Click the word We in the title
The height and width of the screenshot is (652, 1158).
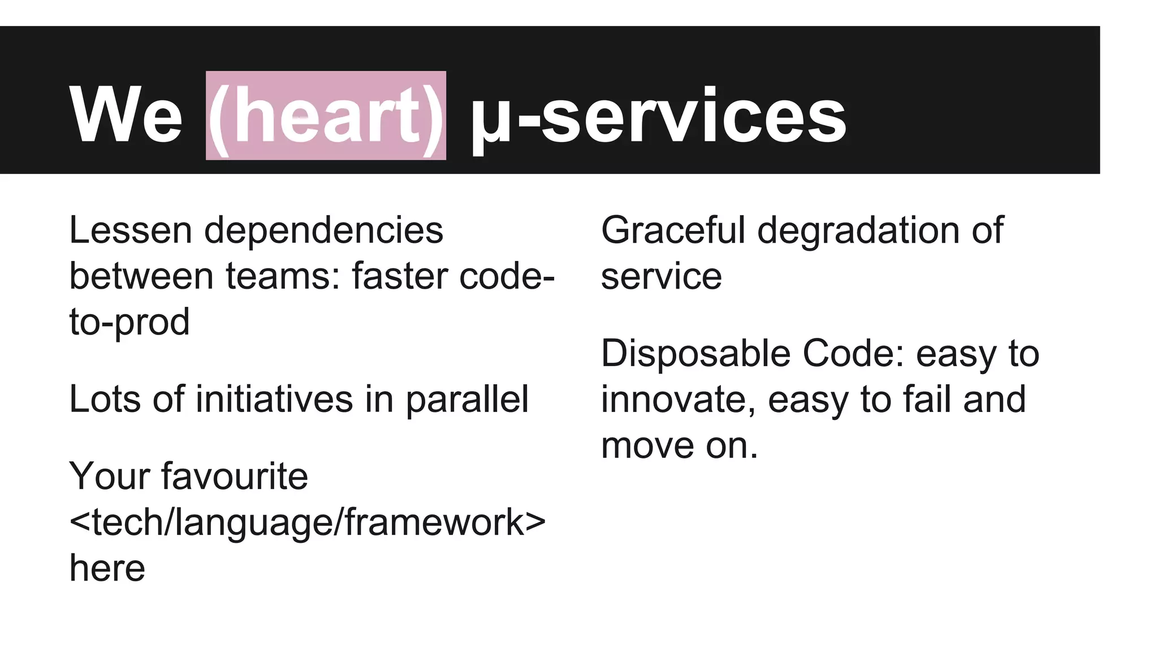126,116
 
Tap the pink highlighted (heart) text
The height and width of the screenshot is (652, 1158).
326,116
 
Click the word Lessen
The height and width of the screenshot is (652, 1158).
131,230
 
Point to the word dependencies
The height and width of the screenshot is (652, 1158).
323,231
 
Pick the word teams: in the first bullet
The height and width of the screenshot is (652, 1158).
283,276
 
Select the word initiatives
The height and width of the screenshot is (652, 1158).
274,399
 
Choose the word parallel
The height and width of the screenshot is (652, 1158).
467,400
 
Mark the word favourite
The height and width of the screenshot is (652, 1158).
235,476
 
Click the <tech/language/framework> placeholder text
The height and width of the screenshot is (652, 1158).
308,522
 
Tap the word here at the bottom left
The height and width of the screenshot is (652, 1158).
107,568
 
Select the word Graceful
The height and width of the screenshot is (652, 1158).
673,231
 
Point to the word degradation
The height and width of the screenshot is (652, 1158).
859,231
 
